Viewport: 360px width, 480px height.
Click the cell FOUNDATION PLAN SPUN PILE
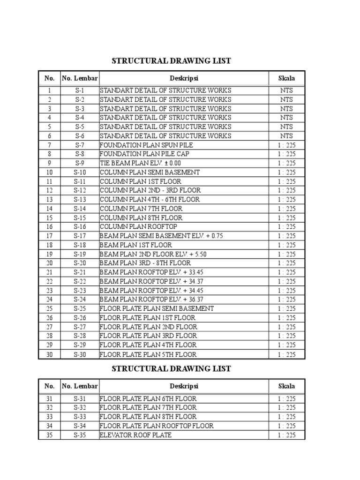pos(146,145)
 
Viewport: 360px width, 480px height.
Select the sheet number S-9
pos(79,163)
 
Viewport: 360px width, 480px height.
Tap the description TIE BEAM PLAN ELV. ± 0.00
pos(140,163)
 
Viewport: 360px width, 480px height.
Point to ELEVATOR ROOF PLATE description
pos(135,435)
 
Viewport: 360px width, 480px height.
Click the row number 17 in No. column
pos(49,236)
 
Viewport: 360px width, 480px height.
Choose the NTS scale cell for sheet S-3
pos(286,109)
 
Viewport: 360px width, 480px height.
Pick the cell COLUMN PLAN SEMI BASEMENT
pos(150,172)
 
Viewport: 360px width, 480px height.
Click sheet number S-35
pos(79,435)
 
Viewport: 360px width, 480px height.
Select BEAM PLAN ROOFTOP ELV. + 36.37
pos(151,300)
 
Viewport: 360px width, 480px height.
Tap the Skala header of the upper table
pos(286,78)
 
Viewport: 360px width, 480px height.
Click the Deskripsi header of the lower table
pos(184,386)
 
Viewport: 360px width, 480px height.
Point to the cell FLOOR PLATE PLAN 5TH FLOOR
pos(148,354)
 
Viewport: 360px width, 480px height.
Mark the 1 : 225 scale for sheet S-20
pos(286,263)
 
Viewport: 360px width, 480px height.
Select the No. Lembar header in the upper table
pos(79,78)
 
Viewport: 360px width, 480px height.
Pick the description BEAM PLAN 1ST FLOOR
pos(136,245)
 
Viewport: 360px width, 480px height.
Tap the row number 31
pos(49,399)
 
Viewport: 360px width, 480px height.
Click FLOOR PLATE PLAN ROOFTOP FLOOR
pos(157,426)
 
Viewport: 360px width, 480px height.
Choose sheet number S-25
pos(79,308)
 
